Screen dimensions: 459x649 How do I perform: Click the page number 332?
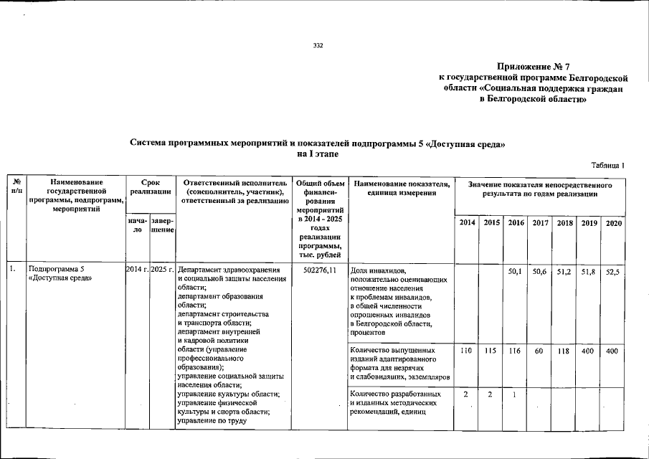tap(318, 46)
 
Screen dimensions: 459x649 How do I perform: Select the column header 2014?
tap(466, 224)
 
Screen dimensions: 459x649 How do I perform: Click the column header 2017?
tap(540, 224)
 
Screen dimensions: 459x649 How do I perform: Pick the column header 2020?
tap(614, 224)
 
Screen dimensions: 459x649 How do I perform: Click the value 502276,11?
tap(320, 270)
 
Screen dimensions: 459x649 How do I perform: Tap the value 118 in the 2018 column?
tap(564, 351)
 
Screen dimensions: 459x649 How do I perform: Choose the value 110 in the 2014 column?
tap(466, 351)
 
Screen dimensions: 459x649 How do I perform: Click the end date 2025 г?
tap(162, 270)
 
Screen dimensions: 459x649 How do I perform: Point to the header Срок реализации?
tap(149, 187)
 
